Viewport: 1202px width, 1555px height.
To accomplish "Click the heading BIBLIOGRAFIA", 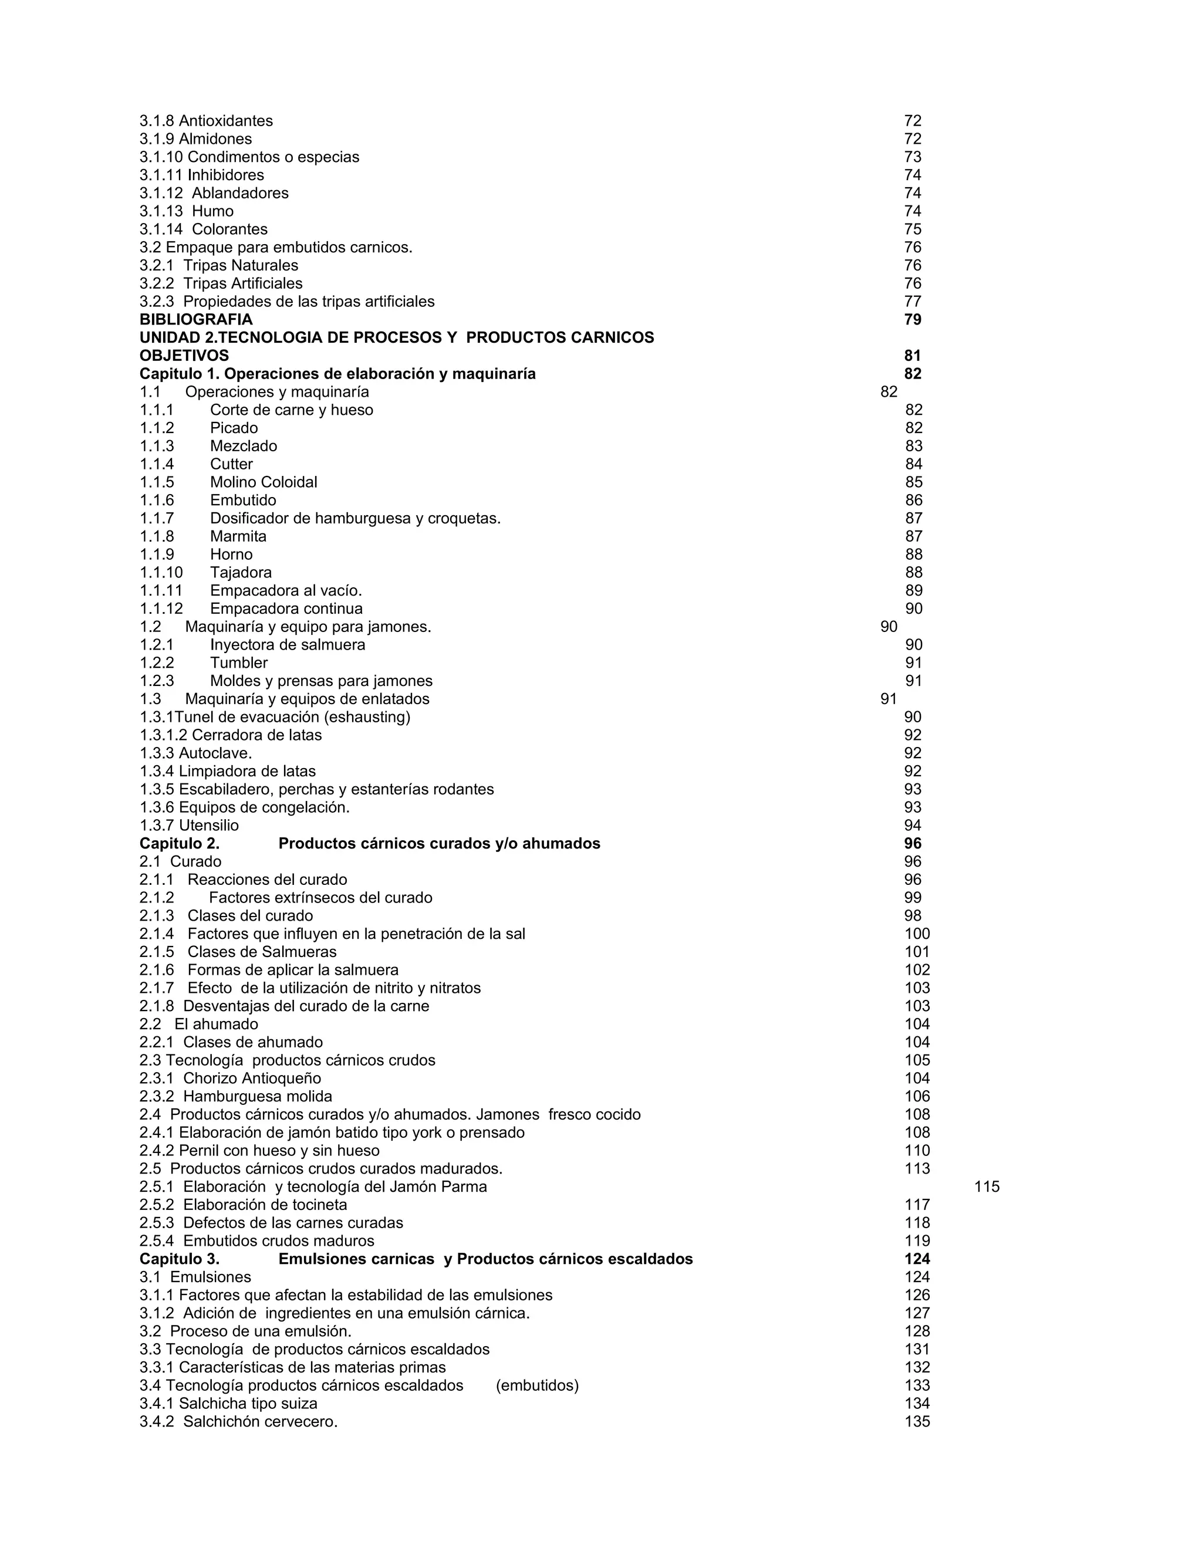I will click(196, 320).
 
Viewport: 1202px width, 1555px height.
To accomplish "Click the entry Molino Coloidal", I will click(264, 482).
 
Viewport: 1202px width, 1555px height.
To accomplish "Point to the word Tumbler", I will click(238, 663).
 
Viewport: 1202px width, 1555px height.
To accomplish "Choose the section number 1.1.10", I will click(161, 573).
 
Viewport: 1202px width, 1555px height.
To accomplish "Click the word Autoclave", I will click(215, 753).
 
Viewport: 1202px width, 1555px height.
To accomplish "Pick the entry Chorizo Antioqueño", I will click(252, 1079).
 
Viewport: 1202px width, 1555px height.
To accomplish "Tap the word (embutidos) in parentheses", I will click(537, 1385).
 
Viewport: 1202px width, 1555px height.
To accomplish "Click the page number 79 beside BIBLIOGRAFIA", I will click(912, 320).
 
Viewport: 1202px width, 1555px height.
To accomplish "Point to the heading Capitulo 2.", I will click(180, 844).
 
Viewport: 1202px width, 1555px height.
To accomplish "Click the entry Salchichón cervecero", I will click(260, 1422).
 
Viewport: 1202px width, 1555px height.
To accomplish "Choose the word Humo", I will click(213, 211).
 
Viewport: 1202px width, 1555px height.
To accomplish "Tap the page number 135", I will click(917, 1422).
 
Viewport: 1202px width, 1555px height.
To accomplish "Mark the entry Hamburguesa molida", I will click(257, 1097).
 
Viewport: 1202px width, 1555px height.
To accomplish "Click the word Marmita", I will click(238, 536).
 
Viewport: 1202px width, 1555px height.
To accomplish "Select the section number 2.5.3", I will click(157, 1223).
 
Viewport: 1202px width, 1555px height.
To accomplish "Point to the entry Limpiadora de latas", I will click(247, 771).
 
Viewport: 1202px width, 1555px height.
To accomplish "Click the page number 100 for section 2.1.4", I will click(917, 934).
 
